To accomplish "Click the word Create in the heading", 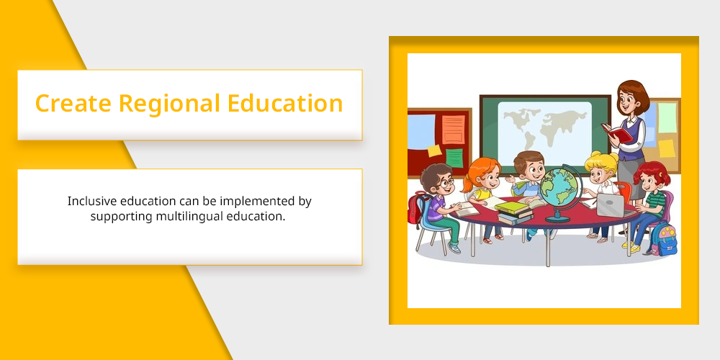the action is pyautogui.click(x=73, y=103).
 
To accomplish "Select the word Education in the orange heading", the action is pyautogui.click(x=285, y=103).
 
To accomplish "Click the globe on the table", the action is pyautogui.click(x=560, y=193).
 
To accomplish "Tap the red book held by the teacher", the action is pyautogui.click(x=617, y=132).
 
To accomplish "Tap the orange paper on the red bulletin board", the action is pyautogui.click(x=453, y=129).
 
